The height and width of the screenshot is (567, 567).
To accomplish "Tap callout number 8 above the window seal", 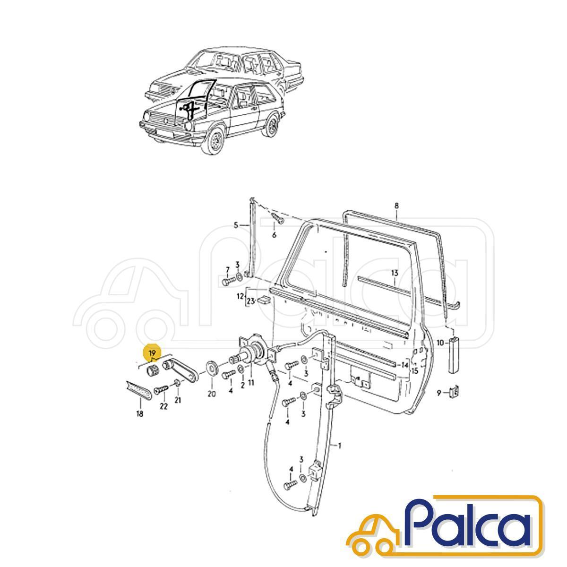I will coord(396,206).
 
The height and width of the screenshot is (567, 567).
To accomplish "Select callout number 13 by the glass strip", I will coord(395,273).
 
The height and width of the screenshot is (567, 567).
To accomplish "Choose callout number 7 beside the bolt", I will coord(227,270).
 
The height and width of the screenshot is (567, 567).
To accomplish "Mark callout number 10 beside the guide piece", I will coord(440,342).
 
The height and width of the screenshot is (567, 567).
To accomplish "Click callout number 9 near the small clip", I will coord(439,392).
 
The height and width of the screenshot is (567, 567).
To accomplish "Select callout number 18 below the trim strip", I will coord(140,414).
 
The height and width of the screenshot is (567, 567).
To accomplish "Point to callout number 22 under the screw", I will coord(163,406).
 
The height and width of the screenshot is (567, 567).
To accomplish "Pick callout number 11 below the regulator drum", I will coord(251,383).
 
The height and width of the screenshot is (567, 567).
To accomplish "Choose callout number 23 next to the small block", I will coord(250,301).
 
